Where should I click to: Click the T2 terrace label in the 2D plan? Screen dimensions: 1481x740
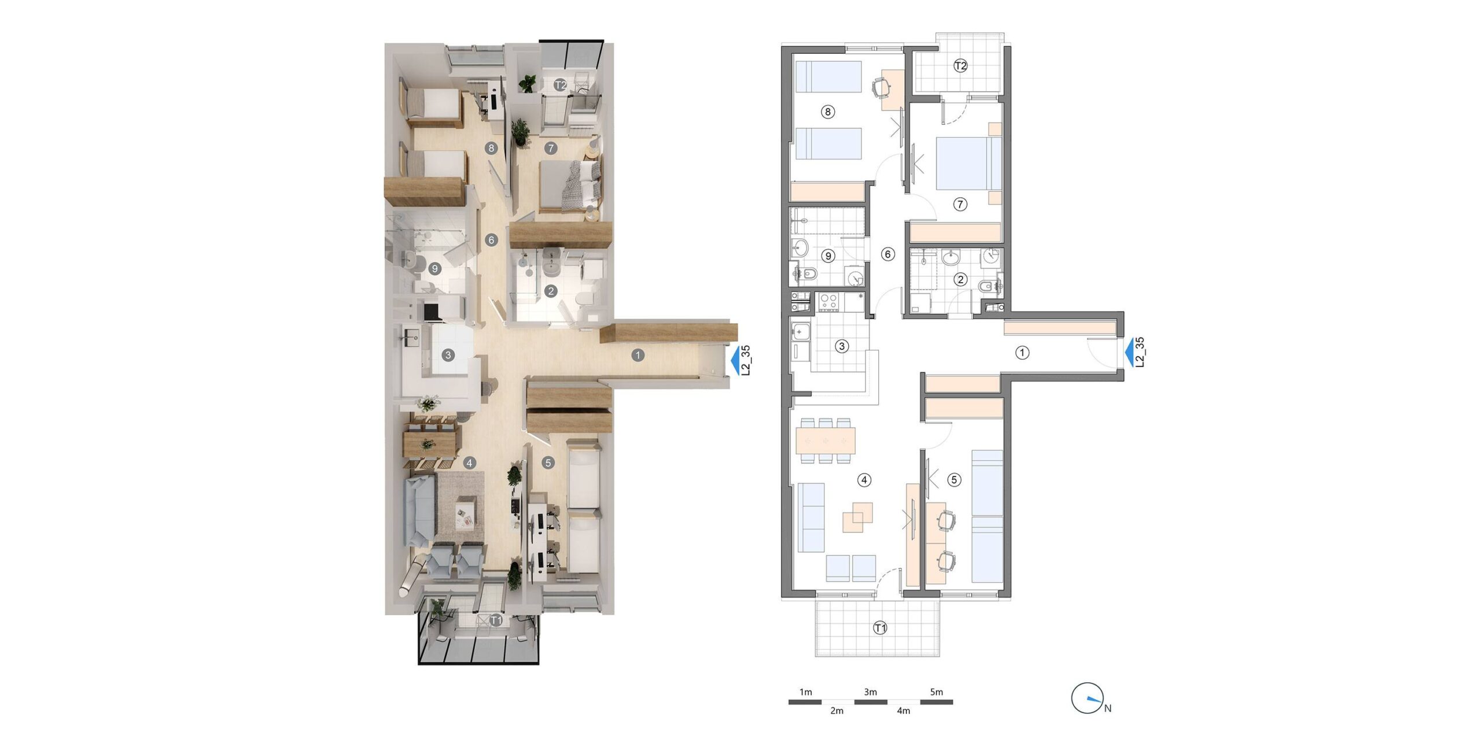coord(960,66)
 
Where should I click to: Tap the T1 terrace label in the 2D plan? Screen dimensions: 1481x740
coord(880,627)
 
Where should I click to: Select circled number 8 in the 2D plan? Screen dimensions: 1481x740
coord(828,112)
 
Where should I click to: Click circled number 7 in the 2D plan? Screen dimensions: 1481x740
coord(960,204)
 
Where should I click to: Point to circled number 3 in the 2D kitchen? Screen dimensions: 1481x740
coord(842,346)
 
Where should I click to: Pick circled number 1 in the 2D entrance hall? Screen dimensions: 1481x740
coord(1022,352)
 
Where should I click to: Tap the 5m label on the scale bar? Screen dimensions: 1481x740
coord(936,692)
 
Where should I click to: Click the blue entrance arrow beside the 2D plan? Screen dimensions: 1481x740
coord(1129,354)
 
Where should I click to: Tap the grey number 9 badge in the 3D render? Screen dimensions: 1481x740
coord(434,268)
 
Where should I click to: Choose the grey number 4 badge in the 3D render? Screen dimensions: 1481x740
coord(469,462)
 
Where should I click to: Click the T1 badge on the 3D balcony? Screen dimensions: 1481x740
coord(496,620)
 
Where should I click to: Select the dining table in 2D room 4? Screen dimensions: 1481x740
coord(826,440)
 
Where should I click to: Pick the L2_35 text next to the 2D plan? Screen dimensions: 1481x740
coord(1140,352)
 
